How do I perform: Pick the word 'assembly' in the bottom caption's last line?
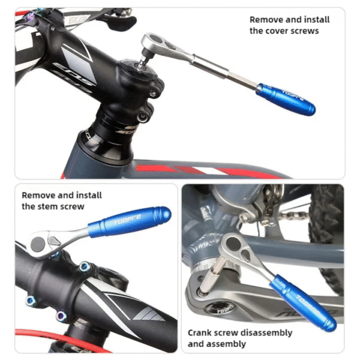[226, 344]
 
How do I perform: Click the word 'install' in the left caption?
[88, 195]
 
